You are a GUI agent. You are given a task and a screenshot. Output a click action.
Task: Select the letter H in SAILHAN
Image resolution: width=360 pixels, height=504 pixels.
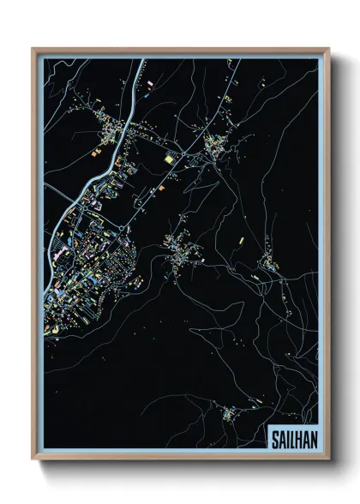point(297,436)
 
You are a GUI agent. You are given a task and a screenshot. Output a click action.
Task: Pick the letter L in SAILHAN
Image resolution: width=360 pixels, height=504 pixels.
point(291,436)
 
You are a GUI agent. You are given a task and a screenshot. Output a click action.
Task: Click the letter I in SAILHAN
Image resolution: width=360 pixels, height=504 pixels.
point(287,436)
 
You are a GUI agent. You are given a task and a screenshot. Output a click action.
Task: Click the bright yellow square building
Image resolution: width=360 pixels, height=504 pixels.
point(168,159)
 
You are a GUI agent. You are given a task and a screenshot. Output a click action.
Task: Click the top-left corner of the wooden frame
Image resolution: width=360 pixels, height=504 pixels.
point(33,50)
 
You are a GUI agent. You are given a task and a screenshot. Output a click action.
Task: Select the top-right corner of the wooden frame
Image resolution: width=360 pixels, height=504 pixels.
point(327,50)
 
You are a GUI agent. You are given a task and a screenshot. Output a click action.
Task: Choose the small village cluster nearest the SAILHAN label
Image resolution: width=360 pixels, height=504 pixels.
point(233,414)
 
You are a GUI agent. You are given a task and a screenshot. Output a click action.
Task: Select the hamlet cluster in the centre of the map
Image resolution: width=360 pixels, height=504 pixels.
point(183,248)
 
